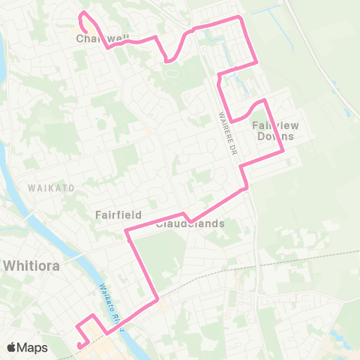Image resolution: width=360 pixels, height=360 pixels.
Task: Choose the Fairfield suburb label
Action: [118, 214]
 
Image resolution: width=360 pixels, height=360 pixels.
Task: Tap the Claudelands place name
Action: [190, 223]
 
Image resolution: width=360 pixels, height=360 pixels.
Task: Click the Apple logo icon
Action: [12, 347]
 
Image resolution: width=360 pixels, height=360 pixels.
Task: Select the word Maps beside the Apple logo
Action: [33, 347]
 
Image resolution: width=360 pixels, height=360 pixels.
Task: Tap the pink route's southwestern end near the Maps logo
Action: [78, 345]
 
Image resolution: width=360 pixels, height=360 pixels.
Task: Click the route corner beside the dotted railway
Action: [157, 301]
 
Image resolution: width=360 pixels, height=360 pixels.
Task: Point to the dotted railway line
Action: [225, 269]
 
